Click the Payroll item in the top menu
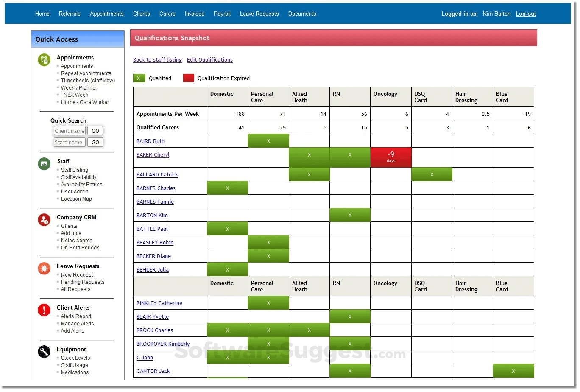[222, 14]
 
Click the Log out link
[525, 14]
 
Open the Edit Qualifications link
[209, 60]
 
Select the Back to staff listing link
[157, 60]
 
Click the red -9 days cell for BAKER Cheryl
[390, 157]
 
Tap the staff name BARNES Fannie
[155, 202]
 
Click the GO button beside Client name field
[95, 131]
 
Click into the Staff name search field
[70, 143]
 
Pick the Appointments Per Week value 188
[240, 114]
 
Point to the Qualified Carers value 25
[282, 128]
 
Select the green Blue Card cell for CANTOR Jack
[513, 371]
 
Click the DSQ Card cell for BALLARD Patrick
[431, 174]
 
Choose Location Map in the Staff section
[76, 199]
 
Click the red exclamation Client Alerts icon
[44, 310]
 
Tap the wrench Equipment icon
[44, 352]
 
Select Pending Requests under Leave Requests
[83, 282]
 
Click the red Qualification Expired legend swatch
[189, 78]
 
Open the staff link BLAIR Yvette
[153, 317]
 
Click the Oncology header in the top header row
[385, 94]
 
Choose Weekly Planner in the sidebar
[79, 88]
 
